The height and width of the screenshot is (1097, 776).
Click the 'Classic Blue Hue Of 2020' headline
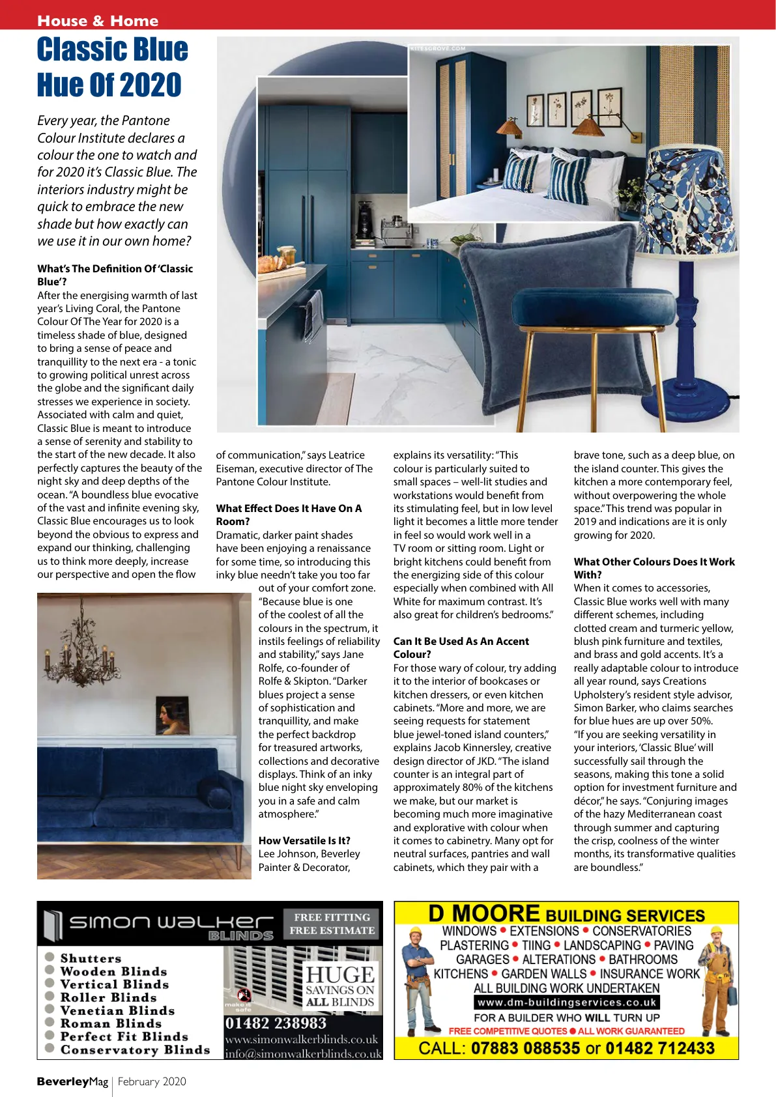pos(112,67)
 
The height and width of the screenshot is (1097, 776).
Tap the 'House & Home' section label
pos(98,21)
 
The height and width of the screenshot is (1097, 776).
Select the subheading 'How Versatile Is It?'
pos(304,840)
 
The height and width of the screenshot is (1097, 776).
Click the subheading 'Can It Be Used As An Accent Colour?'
pos(461,648)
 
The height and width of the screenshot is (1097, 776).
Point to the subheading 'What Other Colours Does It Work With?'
pos(654,568)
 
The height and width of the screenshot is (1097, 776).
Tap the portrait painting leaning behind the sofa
pos(173,715)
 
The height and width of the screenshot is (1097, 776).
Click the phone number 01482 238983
pos(276,1023)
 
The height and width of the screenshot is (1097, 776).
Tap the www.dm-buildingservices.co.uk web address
pos(566,1003)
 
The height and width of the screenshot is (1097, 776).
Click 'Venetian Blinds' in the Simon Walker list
pos(117,1010)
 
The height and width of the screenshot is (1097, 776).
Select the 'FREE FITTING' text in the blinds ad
pos(332,917)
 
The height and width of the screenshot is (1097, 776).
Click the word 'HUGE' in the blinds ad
pos(340,975)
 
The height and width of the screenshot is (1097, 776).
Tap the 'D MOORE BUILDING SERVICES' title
pos(566,915)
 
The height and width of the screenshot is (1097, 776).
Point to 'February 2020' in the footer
pos(152,1081)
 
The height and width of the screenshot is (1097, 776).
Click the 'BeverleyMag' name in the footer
pos(72,1081)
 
